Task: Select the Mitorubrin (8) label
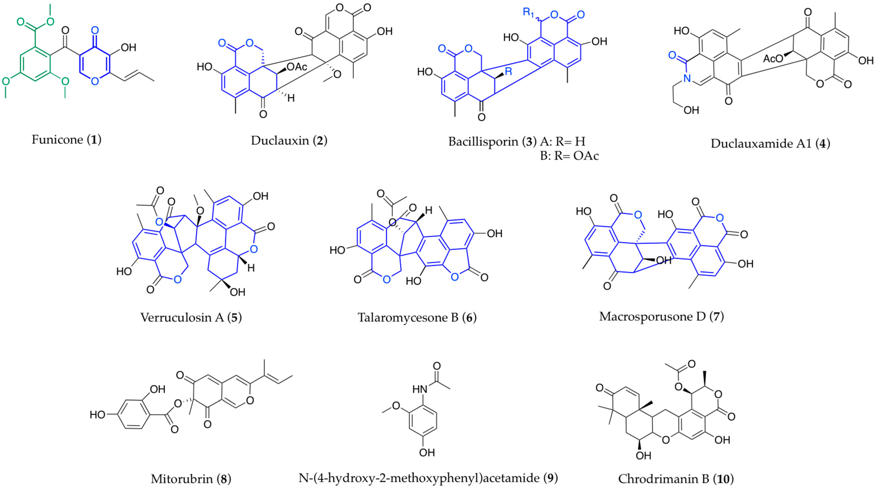coord(191,479)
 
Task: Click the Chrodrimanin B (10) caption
coord(676,479)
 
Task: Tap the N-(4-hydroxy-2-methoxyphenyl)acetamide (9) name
coord(428,478)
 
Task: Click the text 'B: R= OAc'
coord(569,156)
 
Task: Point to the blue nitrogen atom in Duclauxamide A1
coord(687,78)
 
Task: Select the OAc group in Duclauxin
coord(297,67)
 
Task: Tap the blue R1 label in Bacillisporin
coord(528,13)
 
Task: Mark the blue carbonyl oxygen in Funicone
coord(95,31)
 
